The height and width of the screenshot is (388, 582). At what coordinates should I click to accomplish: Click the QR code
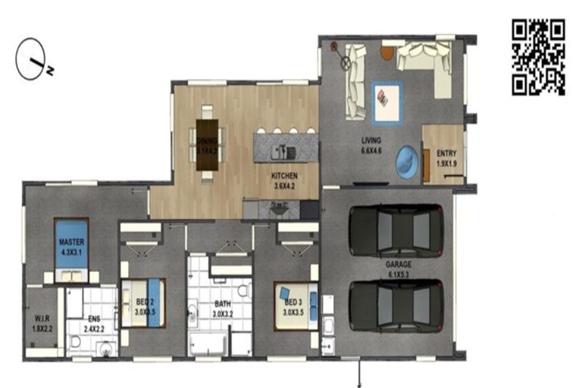538,57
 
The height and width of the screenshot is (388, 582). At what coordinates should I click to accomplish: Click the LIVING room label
371,145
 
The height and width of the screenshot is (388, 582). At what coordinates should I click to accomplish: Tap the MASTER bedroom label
73,246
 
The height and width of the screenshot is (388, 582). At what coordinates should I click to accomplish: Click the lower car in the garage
395,305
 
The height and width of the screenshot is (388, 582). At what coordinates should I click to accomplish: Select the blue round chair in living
407,161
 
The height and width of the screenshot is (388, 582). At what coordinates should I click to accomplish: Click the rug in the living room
386,102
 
